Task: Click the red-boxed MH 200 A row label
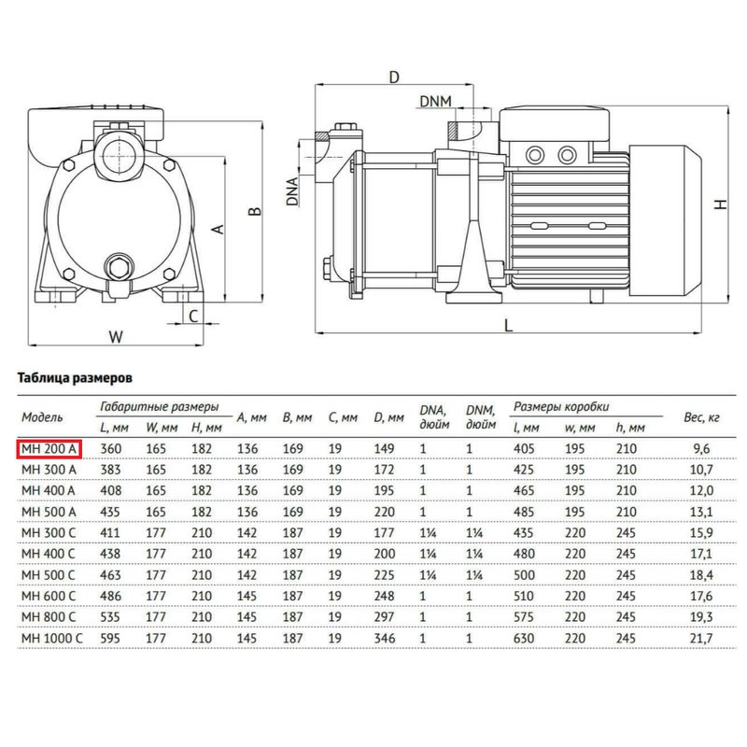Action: (49, 448)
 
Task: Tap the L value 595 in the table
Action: (112, 637)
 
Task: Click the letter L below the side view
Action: (508, 325)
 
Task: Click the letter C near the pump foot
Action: (193, 316)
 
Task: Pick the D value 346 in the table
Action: (384, 637)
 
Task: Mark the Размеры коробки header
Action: (561, 407)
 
